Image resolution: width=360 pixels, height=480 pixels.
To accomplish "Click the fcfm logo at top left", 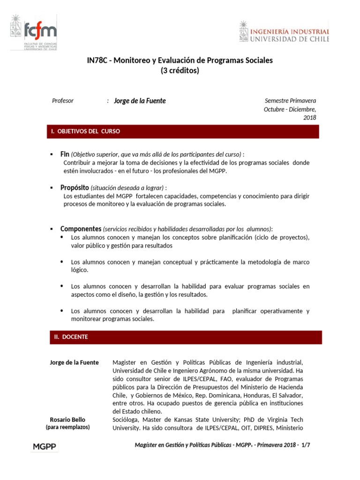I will (x=34, y=33).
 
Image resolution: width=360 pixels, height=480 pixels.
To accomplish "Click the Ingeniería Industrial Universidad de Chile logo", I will (x=284, y=33).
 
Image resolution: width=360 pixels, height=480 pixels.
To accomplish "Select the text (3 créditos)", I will (x=180, y=71).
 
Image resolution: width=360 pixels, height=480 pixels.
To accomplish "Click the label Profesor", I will (x=63, y=100).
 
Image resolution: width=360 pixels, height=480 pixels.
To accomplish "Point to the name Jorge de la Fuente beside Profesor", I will (x=140, y=101).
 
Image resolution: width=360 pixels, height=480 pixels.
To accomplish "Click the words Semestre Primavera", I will (x=290, y=100).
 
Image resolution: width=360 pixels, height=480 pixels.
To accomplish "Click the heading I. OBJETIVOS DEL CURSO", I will (x=86, y=131).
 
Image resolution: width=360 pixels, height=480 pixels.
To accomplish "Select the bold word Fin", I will (x=65, y=154).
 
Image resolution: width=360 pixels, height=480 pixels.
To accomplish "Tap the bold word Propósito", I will (x=75, y=187).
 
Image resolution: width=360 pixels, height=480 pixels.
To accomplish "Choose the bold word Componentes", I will (x=81, y=229).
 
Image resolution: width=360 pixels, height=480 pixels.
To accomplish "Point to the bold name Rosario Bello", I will (x=67, y=420).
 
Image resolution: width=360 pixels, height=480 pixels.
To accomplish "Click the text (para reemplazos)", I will (x=67, y=427).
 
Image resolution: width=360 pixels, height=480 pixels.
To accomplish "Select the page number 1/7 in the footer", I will (x=306, y=446).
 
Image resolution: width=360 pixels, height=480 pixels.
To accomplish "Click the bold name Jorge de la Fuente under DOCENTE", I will (x=74, y=362).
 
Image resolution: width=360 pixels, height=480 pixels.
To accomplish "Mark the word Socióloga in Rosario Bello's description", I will (x=126, y=420).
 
